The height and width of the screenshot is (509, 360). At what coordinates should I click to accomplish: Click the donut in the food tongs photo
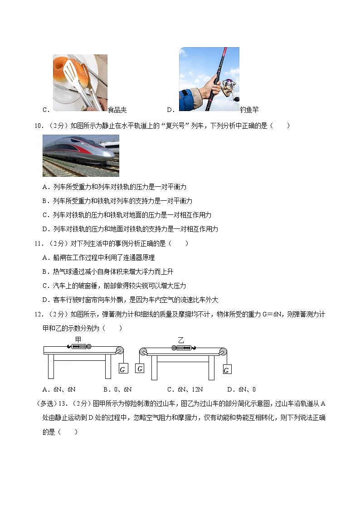pyautogui.click(x=67, y=68)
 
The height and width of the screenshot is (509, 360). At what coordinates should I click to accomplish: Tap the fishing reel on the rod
pyautogui.click(x=229, y=87)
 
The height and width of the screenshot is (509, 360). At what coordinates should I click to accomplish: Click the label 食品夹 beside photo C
pyautogui.click(x=117, y=110)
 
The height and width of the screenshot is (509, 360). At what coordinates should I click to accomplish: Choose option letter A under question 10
pyautogui.click(x=45, y=187)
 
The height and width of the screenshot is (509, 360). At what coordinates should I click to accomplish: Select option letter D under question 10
pyautogui.click(x=45, y=229)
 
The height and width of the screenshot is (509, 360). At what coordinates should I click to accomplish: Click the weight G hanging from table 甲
pyautogui.click(x=122, y=368)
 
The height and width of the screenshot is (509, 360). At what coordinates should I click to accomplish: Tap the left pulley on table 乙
pyautogui.click(x=143, y=352)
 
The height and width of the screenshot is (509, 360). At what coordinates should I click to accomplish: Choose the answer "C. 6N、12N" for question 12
pyautogui.click(x=185, y=389)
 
